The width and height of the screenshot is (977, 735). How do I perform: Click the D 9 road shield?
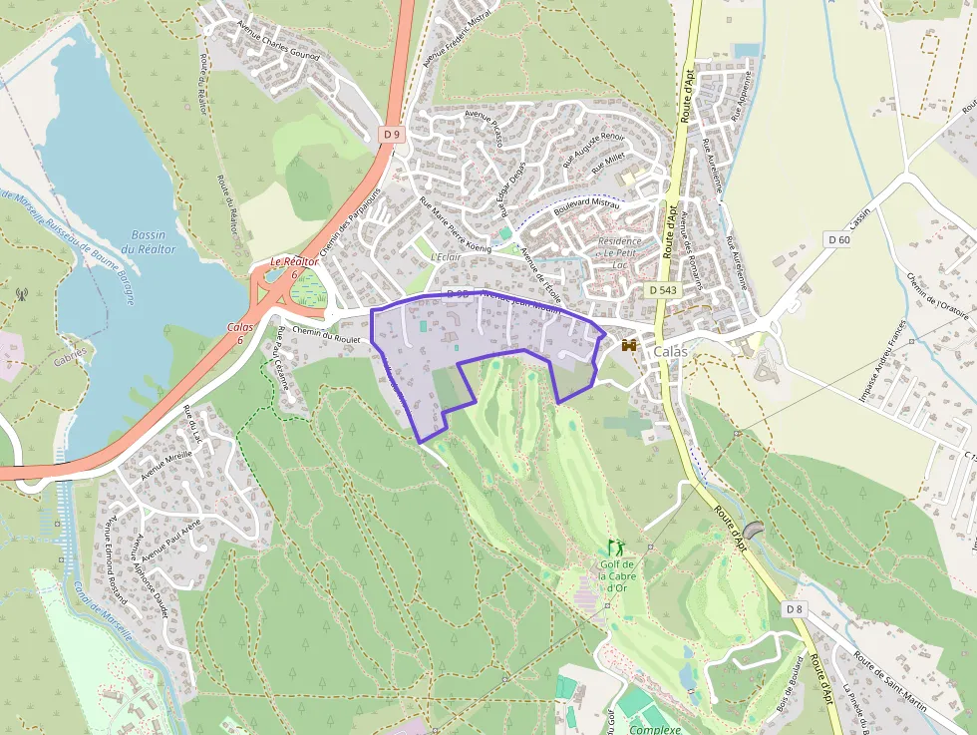pos(392,134)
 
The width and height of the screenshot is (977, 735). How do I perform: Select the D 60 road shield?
pos(838,239)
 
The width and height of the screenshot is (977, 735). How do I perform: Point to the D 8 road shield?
pos(794,608)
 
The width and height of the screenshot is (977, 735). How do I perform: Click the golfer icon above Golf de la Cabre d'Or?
pos(615,547)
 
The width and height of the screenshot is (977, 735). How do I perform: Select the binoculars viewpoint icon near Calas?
pos(629,345)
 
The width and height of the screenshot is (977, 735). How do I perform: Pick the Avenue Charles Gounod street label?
pos(278,41)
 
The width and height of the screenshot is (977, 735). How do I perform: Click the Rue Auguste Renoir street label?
pos(593,149)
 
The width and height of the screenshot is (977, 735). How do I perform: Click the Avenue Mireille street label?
pos(165,463)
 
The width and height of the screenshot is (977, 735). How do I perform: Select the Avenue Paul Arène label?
pos(170,539)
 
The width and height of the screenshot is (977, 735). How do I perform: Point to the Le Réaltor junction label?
pos(286,266)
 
